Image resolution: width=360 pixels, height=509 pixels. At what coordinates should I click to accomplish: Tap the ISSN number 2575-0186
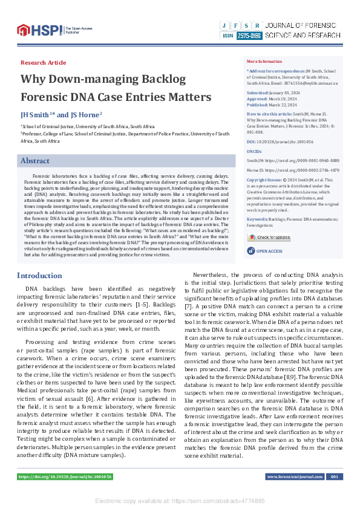249,36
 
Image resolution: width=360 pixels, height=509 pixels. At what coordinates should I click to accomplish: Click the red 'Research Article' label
44,62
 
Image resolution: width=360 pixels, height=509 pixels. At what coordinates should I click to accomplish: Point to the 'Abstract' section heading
35,161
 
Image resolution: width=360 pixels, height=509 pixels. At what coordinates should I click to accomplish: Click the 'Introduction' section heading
39,276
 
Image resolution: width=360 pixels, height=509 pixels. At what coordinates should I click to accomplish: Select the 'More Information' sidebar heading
264,62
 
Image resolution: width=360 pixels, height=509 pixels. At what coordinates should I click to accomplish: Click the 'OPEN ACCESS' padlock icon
250,250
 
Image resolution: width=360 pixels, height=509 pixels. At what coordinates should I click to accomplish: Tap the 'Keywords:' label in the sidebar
257,218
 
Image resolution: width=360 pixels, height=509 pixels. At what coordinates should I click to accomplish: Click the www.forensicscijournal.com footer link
295,477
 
